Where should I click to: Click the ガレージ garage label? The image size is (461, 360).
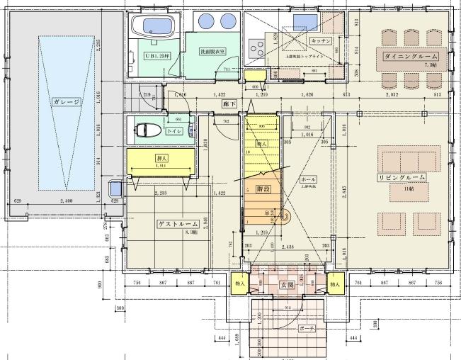coord(67,102)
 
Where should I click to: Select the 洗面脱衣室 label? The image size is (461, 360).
coord(212,51)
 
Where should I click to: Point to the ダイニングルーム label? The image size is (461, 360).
coord(410,55)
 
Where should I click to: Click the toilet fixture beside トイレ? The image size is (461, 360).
coord(149,130)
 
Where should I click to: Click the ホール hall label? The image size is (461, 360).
coord(308,179)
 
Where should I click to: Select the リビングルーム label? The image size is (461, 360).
coord(402,177)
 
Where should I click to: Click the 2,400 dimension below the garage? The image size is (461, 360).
coord(66,201)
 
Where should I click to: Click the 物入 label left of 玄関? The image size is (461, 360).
coord(239,284)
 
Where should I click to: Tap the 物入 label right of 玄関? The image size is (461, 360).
coord(334,284)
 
